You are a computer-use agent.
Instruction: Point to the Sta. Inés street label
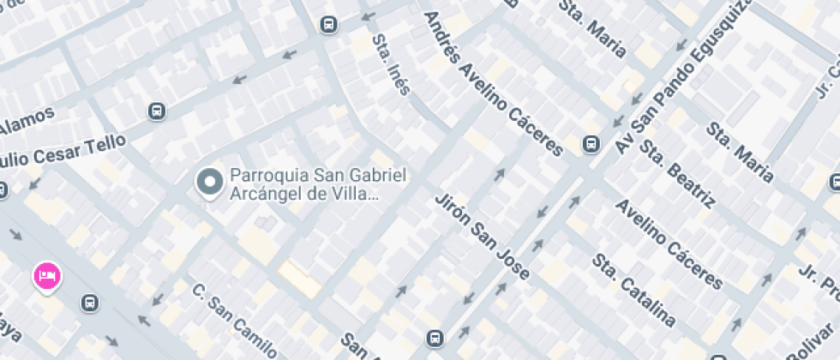click(391, 64)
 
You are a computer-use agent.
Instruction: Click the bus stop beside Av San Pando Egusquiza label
click(591, 145)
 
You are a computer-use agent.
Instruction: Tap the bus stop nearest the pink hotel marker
click(88, 303)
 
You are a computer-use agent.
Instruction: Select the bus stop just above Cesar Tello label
click(156, 111)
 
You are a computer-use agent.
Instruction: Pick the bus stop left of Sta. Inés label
click(327, 24)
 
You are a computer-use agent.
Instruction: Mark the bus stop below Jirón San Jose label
click(435, 338)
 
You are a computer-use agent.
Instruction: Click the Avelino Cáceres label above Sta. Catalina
click(669, 244)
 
